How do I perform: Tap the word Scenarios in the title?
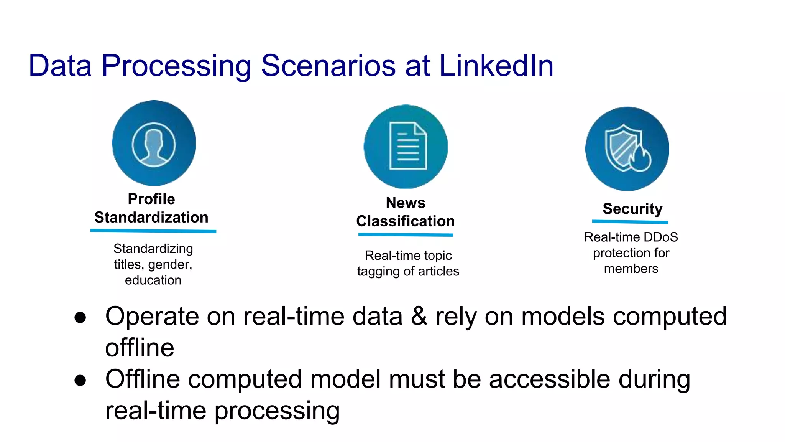click(328, 66)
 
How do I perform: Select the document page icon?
click(407, 146)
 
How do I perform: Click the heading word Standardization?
click(151, 218)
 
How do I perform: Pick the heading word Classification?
click(405, 221)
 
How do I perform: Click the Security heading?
click(632, 209)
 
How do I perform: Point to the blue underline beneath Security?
click(630, 222)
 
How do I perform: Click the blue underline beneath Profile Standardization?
click(153, 231)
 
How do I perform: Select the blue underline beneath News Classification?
click(406, 234)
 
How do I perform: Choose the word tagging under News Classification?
click(378, 272)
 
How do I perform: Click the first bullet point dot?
click(80, 318)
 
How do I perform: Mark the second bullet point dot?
click(80, 380)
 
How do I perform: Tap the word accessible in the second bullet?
click(549, 379)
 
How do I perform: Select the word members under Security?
click(631, 269)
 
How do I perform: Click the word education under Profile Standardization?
click(153, 280)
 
